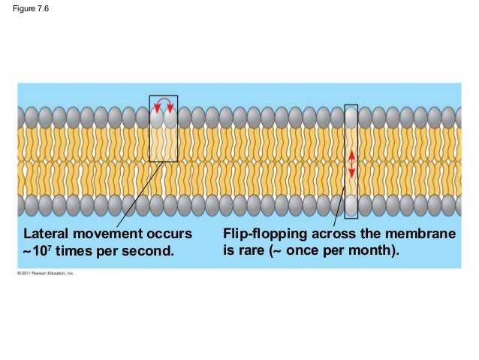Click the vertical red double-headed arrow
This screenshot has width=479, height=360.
pos(351,163)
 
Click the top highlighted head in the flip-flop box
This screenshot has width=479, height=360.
pos(351,117)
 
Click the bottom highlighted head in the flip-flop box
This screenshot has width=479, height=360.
pos(351,205)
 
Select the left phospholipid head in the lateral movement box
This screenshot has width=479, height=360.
pos(157,118)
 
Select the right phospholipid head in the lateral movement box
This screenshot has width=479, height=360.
pos(171,118)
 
